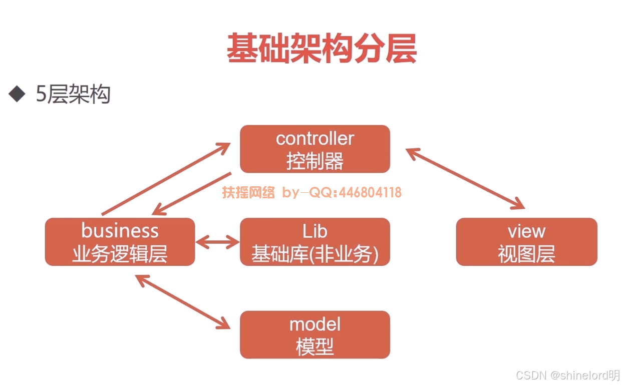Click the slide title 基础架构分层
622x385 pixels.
322,48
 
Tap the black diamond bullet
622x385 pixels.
17,94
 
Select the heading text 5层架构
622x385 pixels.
73,94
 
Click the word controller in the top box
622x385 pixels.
315,139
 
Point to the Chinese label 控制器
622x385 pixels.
315,161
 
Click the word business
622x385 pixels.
120,230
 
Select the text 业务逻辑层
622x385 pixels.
120,254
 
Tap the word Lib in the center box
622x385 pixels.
315,231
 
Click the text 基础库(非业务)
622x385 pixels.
315,254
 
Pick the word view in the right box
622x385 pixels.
526,231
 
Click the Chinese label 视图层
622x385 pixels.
526,254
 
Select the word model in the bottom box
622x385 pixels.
315,324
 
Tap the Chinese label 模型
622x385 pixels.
315,346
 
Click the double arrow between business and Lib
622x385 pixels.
217,242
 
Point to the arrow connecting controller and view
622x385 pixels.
465,179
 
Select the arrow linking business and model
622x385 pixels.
182,302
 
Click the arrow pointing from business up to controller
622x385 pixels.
166,179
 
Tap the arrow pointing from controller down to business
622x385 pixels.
192,193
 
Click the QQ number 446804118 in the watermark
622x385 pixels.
370,192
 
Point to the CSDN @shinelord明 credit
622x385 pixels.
568,375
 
